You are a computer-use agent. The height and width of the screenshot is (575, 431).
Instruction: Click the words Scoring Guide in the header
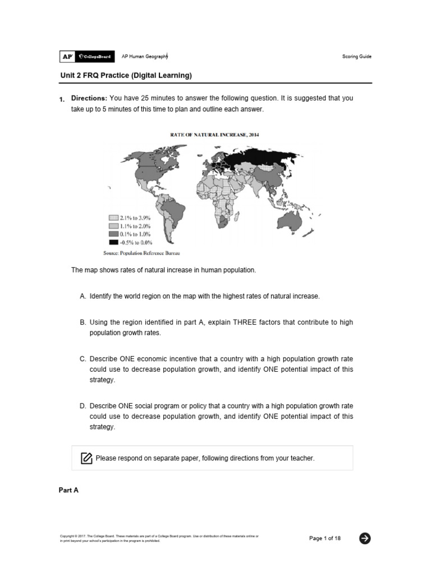(356, 57)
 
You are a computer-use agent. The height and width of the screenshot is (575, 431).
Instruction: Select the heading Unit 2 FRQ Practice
(126, 75)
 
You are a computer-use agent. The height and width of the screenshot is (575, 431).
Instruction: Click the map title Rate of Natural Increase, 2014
(214, 135)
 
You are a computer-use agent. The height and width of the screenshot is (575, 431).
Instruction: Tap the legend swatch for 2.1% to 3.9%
(113, 217)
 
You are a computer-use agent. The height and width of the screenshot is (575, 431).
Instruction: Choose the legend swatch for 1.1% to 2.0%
(113, 226)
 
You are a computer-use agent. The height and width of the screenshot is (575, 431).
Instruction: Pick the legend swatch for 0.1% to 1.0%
(113, 234)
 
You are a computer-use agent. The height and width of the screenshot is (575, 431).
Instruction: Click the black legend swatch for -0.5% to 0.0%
(113, 243)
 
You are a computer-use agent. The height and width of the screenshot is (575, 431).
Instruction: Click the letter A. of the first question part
(83, 296)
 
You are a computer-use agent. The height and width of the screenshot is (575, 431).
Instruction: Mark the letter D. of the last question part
(83, 406)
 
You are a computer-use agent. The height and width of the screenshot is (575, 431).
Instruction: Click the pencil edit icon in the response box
(86, 458)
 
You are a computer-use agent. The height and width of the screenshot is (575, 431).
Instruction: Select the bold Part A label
(68, 490)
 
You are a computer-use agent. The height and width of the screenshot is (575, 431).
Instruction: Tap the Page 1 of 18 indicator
(325, 539)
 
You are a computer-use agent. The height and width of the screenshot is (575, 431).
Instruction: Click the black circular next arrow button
(365, 539)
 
